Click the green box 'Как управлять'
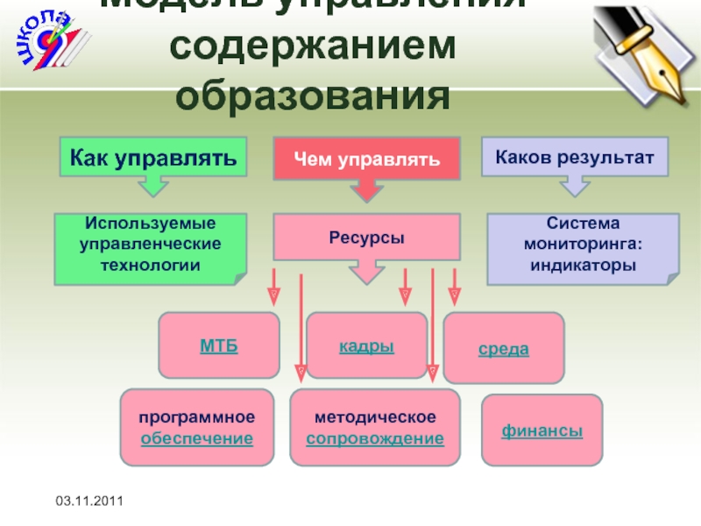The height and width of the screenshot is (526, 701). point(153,158)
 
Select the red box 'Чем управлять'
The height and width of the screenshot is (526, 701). point(366,160)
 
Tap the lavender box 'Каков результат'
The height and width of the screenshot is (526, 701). point(574,157)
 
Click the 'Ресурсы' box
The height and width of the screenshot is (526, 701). point(366,238)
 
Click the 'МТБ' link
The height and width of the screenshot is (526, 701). point(219,345)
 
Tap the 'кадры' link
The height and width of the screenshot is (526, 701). point(366,345)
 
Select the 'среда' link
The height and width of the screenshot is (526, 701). point(503,349)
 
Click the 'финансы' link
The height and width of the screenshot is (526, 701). point(542,430)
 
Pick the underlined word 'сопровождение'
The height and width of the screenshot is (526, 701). point(374,437)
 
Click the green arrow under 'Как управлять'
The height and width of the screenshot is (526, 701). point(153,186)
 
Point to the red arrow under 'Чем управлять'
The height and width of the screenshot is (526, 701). point(366,190)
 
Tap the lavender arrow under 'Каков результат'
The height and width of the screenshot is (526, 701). point(574,185)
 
